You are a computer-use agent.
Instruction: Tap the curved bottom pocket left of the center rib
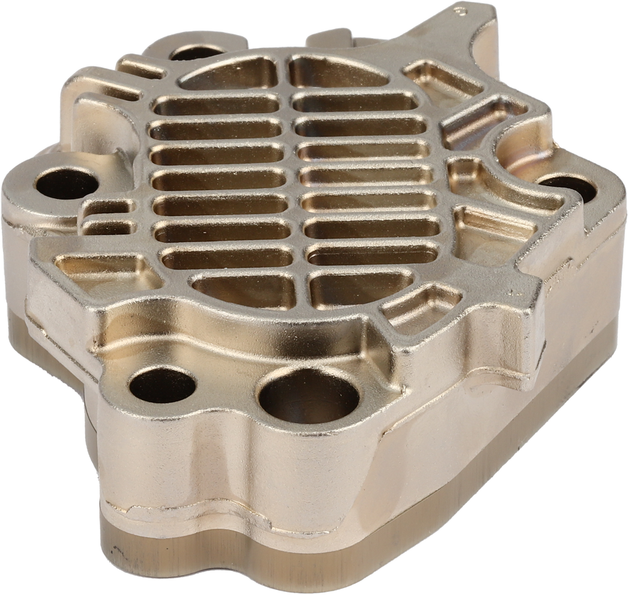coord(245,289)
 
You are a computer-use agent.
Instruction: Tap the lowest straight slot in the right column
coord(374,254)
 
